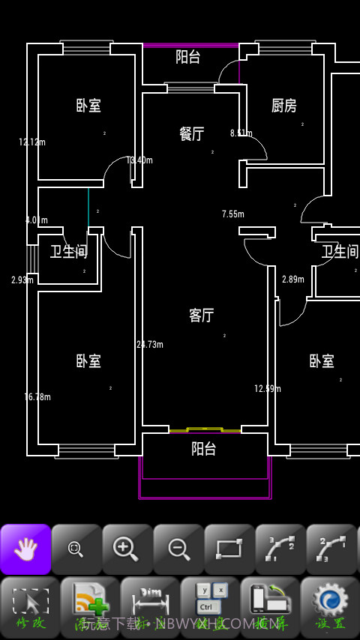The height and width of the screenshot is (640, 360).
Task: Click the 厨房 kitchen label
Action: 283,106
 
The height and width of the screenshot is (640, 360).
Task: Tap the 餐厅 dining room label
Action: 192,134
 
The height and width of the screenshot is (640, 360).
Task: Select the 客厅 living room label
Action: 201,316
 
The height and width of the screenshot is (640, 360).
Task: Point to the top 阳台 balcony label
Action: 188,56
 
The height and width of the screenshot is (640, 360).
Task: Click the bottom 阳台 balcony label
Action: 203,449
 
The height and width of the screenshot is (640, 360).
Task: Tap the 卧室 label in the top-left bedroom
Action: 88,106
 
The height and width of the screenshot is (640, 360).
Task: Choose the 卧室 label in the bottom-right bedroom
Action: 322,361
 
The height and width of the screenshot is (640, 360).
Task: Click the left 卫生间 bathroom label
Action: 69,252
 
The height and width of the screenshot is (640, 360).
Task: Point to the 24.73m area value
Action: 150,345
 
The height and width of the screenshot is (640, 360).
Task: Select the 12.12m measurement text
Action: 32,142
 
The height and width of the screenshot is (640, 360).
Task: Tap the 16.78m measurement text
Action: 37,397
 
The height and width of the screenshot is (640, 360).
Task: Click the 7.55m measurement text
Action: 233,214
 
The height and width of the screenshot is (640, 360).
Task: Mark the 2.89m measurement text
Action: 293,280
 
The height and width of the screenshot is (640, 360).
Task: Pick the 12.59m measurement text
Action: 268,389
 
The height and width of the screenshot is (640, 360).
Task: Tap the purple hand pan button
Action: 25,549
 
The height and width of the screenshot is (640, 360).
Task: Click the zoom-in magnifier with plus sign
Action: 127,549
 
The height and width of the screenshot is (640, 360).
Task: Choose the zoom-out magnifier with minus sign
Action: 178,549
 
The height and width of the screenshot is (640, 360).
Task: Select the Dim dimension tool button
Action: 150,603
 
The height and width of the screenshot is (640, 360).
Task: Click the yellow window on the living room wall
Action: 204,429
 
